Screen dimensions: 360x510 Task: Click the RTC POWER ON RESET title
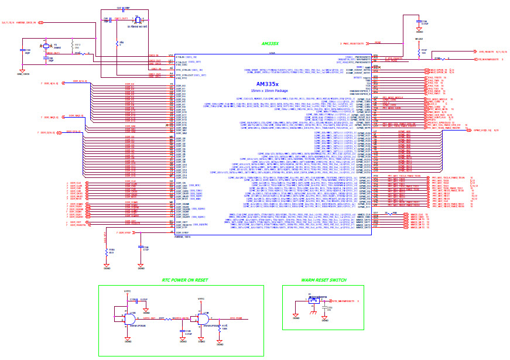pyautogui.click(x=185, y=280)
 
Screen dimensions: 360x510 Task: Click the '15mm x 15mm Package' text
pyautogui.click(x=269, y=91)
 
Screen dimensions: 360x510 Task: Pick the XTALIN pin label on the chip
pyautogui.click(x=182, y=56)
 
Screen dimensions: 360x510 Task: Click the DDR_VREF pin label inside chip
pyautogui.click(x=182, y=232)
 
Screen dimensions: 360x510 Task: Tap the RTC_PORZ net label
pyautogui.click(x=236, y=318)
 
